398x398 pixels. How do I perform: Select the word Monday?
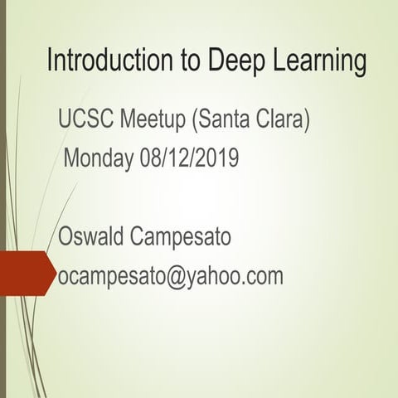(99, 158)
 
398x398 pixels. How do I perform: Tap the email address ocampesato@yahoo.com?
(171, 277)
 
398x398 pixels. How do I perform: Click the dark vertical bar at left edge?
(3, 199)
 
